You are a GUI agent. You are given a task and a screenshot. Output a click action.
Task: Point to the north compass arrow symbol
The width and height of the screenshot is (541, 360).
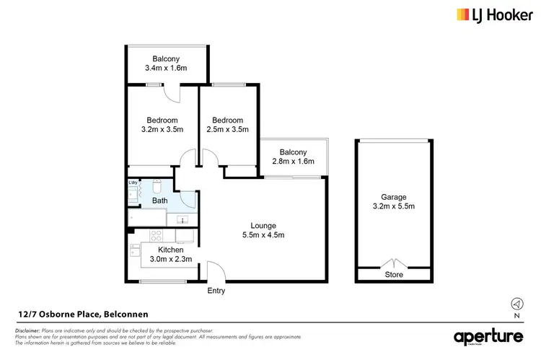[x=516, y=303]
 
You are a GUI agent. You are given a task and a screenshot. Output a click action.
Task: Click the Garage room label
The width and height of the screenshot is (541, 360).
[x=394, y=197]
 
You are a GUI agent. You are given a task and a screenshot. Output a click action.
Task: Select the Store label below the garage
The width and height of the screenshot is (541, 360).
[x=394, y=275]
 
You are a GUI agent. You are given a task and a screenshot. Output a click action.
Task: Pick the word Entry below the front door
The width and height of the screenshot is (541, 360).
[x=216, y=291]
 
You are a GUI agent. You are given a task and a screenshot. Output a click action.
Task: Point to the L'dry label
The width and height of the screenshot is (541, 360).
[x=133, y=183]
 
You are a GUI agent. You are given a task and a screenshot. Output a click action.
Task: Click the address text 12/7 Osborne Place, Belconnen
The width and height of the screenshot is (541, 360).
[x=74, y=313]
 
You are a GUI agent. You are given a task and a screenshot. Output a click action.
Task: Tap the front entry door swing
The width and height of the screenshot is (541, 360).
[x=215, y=272]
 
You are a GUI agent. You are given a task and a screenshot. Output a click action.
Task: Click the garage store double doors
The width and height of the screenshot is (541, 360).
[x=393, y=263]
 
